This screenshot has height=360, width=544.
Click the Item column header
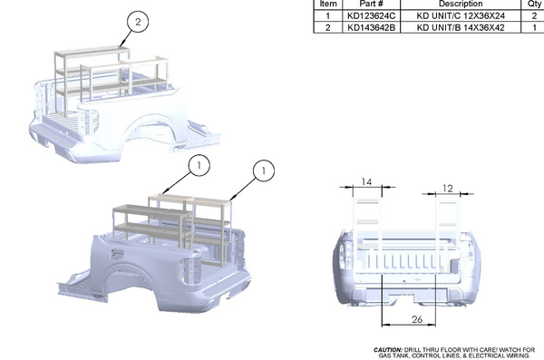click(x=328, y=5)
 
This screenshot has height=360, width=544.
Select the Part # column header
click(x=366, y=5)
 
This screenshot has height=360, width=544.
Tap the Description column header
click(x=461, y=5)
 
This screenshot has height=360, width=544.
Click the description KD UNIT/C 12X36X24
click(x=461, y=16)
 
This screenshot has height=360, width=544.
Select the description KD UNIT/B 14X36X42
click(x=461, y=28)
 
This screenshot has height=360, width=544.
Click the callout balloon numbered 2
click(x=137, y=22)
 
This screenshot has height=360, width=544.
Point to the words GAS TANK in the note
click(x=391, y=355)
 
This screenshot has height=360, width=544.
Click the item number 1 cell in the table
click(x=328, y=16)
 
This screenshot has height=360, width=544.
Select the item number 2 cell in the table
click(x=328, y=28)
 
